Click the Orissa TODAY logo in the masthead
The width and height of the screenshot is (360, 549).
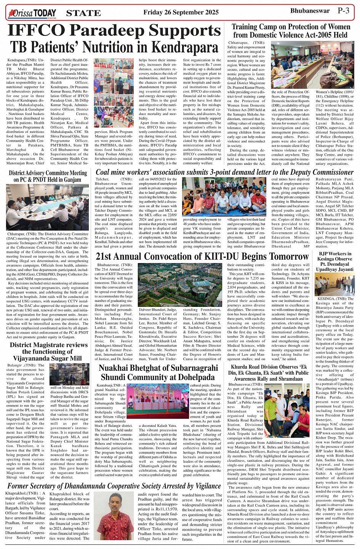click(x=32, y=13)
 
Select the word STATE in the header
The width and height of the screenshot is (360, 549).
click(x=83, y=13)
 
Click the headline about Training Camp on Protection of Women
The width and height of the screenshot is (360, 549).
click(x=291, y=31)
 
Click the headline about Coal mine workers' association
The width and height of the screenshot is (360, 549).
click(x=224, y=172)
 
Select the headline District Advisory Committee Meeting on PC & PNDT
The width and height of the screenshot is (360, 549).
click(x=48, y=176)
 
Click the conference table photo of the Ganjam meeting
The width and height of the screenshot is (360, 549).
click(x=47, y=207)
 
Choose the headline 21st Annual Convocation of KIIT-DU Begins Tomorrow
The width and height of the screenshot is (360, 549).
click(x=202, y=256)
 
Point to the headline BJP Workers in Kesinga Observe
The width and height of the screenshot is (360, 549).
click(x=335, y=262)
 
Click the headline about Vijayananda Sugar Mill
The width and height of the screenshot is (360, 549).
click(x=49, y=351)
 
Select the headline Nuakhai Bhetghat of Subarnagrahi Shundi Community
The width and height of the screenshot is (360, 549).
click(x=157, y=372)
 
